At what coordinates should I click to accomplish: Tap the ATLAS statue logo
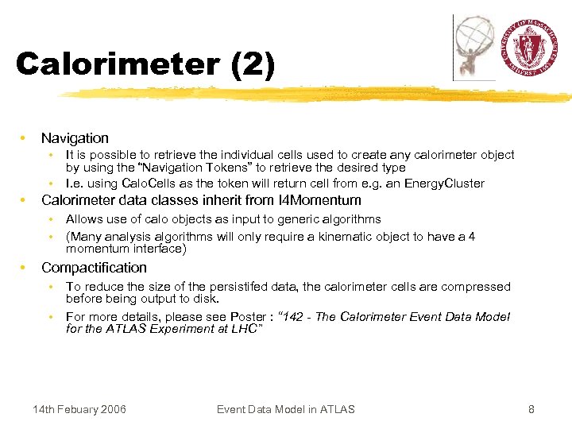(x=474, y=48)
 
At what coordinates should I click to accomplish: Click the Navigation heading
(x=75, y=138)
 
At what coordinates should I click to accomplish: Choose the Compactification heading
(x=94, y=268)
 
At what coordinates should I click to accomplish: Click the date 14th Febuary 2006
(x=79, y=409)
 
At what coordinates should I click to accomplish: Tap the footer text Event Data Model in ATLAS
(x=286, y=409)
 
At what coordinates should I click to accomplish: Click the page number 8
(x=531, y=409)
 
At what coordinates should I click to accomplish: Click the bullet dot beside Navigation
(x=25, y=138)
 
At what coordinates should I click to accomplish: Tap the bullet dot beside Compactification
(x=25, y=268)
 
